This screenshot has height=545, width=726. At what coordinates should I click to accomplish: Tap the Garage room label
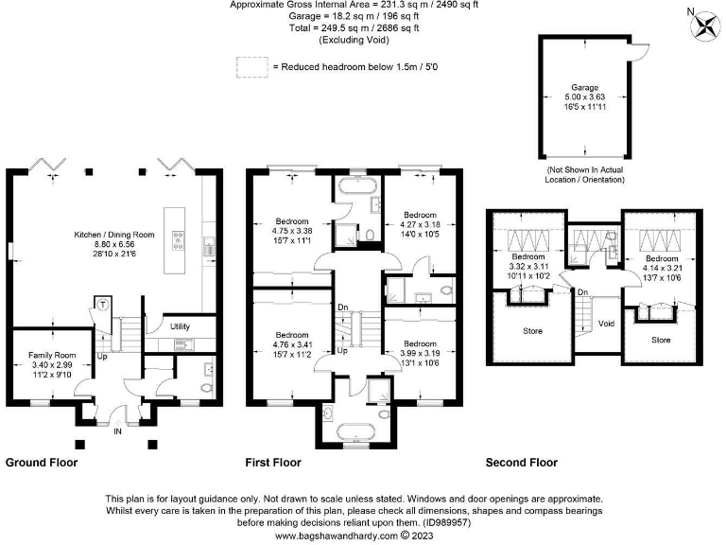click(x=583, y=87)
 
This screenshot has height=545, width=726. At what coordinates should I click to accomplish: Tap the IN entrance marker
click(x=117, y=430)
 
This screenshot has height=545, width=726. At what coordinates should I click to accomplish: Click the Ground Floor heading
click(x=42, y=463)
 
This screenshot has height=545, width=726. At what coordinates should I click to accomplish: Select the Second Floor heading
click(x=521, y=463)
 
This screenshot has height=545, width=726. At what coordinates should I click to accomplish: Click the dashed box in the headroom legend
click(x=251, y=66)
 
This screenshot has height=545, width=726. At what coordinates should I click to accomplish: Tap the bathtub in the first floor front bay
click(x=355, y=431)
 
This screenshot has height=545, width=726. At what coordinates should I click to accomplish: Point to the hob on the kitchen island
click(x=177, y=242)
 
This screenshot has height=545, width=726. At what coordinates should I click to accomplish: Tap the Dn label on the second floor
click(x=583, y=291)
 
